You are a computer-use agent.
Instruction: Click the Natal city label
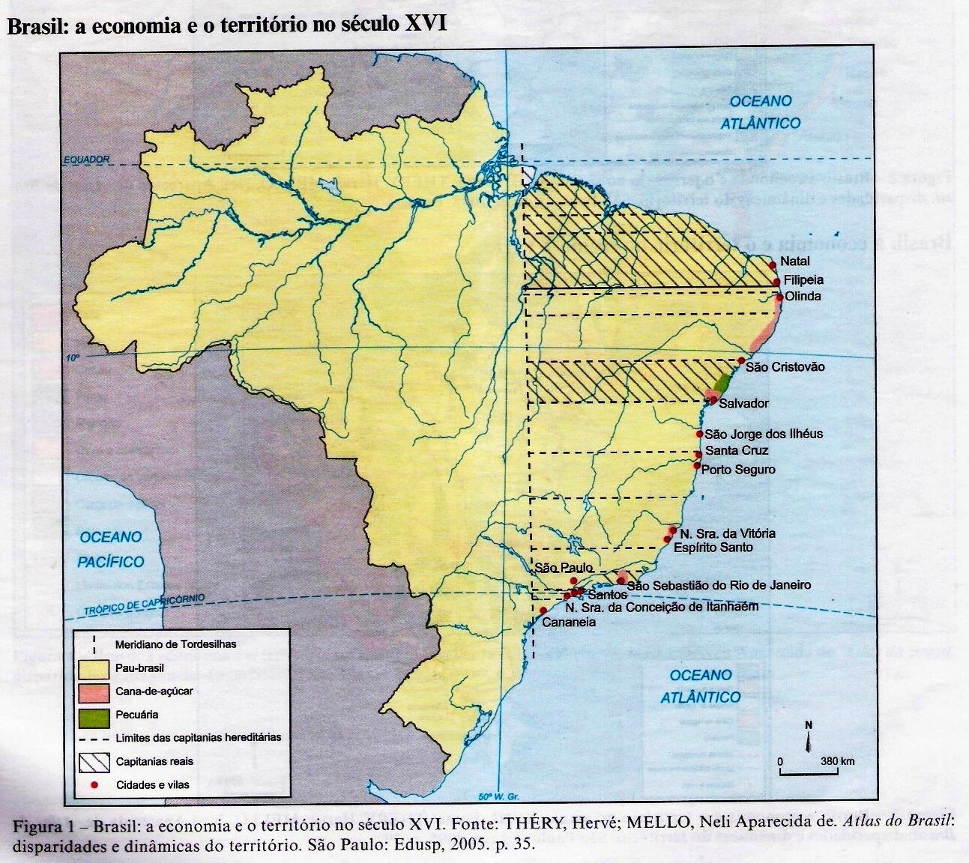click(x=794, y=261)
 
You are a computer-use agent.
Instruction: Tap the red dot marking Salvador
click(x=713, y=400)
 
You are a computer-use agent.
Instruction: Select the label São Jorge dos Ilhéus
click(x=764, y=434)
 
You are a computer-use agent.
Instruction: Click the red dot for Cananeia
click(x=543, y=611)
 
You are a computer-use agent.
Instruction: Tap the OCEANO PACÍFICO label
click(x=111, y=549)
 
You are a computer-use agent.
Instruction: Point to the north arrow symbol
click(x=809, y=739)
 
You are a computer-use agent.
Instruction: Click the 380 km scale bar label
click(x=838, y=761)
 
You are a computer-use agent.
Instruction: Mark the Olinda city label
click(x=803, y=296)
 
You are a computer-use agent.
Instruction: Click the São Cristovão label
click(x=785, y=367)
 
